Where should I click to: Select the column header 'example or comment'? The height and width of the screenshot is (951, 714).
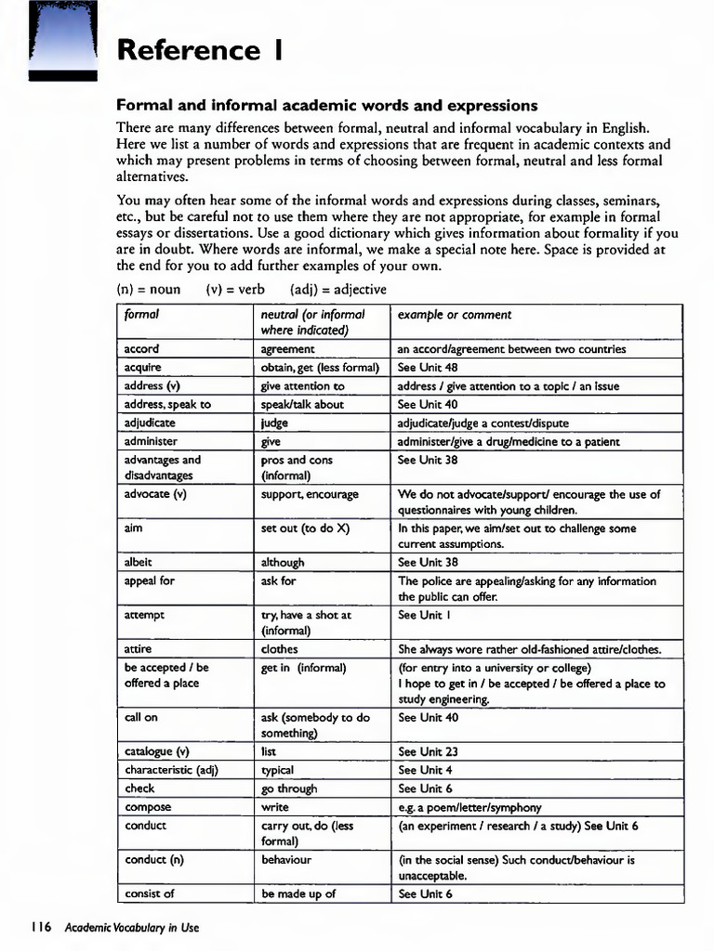click(455, 315)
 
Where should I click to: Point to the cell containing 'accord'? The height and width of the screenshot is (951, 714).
click(141, 349)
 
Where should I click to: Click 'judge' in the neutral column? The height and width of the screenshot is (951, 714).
click(274, 423)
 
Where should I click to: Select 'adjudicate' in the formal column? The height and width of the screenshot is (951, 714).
click(150, 423)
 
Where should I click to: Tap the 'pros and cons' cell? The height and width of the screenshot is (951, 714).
click(297, 460)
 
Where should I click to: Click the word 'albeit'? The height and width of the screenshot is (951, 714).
click(138, 562)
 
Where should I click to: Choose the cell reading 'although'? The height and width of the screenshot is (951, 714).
click(283, 562)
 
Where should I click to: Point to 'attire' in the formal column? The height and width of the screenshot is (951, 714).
click(137, 649)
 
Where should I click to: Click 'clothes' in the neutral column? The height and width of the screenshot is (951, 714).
click(280, 649)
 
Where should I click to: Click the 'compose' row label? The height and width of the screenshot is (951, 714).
click(147, 807)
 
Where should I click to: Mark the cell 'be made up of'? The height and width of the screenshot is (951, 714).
click(297, 893)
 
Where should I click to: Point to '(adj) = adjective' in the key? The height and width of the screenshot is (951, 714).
click(338, 289)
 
